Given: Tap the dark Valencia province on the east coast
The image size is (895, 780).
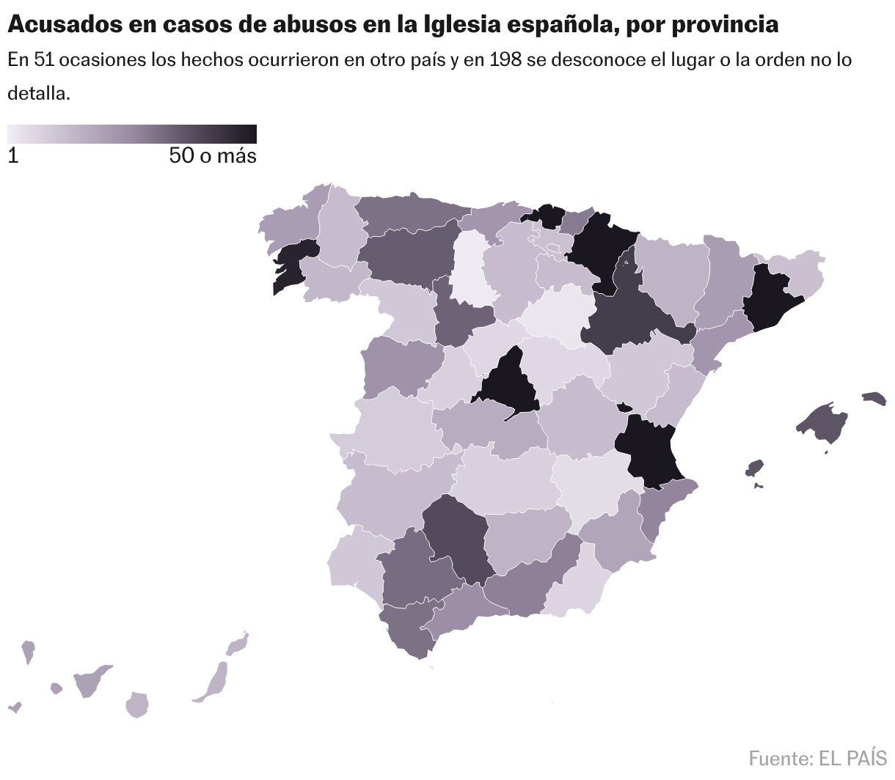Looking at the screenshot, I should tap(650, 451).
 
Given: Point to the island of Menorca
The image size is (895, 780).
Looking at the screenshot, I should tap(874, 398).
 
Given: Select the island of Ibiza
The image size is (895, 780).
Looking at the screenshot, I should tap(754, 468).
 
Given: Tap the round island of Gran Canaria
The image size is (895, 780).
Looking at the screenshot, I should tap(137, 704).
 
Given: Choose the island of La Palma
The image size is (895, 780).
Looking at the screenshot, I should tap(28, 650).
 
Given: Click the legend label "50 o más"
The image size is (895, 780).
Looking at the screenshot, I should tap(213, 155).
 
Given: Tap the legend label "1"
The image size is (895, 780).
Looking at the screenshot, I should tap(13, 155).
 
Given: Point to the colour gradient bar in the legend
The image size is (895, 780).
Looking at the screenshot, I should tap(132, 134).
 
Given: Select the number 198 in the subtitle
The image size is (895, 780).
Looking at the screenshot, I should tap(506, 60).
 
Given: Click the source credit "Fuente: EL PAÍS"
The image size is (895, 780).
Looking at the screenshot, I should tap(817, 757).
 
